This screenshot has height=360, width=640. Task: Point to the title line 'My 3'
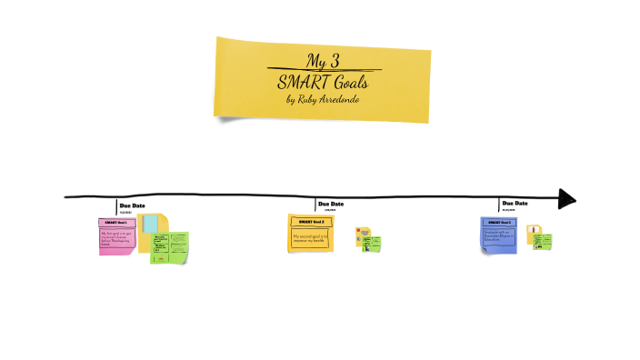322,62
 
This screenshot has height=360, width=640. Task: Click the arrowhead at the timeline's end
567,198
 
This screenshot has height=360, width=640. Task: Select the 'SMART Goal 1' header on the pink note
117,223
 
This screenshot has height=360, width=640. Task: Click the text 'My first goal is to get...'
116,238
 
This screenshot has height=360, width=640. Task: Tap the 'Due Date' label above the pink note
132,205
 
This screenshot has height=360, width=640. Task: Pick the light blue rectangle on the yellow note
149,224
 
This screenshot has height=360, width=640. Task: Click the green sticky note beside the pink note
170,247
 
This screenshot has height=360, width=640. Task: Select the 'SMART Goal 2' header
310,221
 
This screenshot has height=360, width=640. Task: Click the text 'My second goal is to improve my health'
310,239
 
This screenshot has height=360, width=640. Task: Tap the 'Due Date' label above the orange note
331,204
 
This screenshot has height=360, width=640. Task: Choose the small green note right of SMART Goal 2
372,243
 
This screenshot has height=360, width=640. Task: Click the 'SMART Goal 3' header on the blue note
499,222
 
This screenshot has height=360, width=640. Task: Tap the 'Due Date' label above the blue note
515,204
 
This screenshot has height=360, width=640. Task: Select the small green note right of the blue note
543,242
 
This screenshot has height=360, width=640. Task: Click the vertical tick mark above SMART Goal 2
315,205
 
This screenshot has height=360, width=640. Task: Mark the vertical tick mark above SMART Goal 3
499,205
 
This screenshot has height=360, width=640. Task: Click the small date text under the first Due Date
125,212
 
